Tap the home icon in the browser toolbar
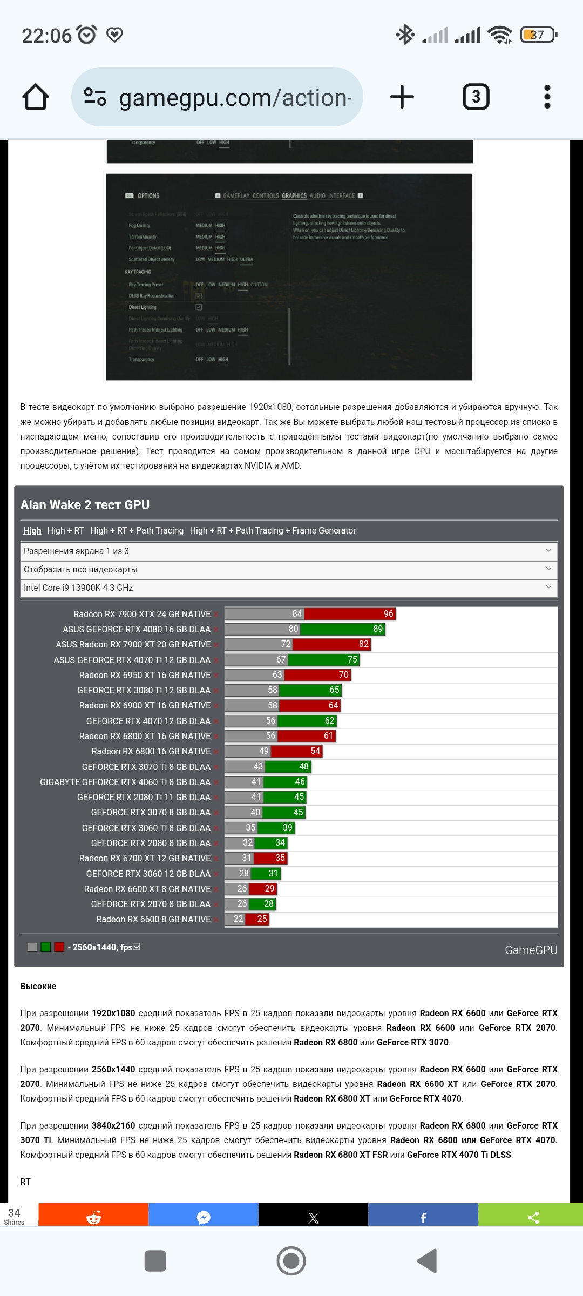pyautogui.click(x=36, y=97)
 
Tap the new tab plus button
pyautogui.click(x=402, y=97)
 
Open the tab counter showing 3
pyautogui.click(x=476, y=97)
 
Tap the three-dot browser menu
pyautogui.click(x=547, y=97)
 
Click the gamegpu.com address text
pyautogui.click(x=235, y=98)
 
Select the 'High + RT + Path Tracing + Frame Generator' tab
pyautogui.click(x=273, y=530)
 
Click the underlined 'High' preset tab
pyautogui.click(x=32, y=530)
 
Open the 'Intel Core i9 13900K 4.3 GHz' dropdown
pyautogui.click(x=289, y=588)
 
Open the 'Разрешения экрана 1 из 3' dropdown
pyautogui.click(x=289, y=551)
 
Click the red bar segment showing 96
pyautogui.click(x=350, y=614)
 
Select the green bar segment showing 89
pyautogui.click(x=342, y=629)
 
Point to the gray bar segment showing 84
pyautogui.click(x=265, y=614)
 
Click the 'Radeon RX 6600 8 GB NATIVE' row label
pyautogui.click(x=153, y=919)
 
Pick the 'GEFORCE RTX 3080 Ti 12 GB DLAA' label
pyautogui.click(x=144, y=690)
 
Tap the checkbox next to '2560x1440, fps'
pyautogui.click(x=137, y=947)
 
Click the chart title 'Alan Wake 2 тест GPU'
pyautogui.click(x=85, y=505)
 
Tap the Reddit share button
pyautogui.click(x=93, y=1218)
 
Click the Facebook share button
pyautogui.click(x=423, y=1218)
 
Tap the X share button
pyautogui.click(x=313, y=1218)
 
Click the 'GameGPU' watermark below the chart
pyautogui.click(x=531, y=950)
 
